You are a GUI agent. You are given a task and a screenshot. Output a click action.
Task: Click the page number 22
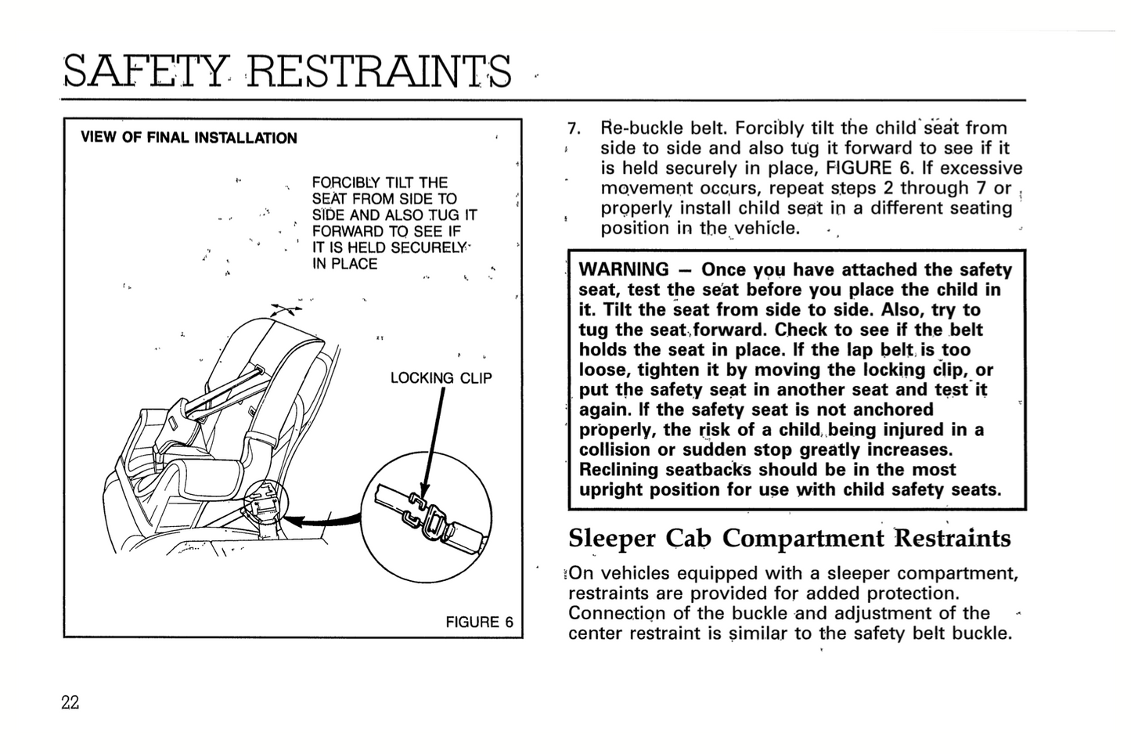(x=70, y=702)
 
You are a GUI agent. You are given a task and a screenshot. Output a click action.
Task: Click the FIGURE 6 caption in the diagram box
(x=479, y=622)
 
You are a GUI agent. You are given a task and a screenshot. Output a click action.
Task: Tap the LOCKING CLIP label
(x=441, y=378)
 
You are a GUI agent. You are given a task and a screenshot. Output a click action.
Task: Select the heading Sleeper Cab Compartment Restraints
(x=789, y=539)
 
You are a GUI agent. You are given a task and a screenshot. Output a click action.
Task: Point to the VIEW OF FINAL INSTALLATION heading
(x=189, y=138)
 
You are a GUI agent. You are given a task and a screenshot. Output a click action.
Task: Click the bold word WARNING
(x=624, y=270)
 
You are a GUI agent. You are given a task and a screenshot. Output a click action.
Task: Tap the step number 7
(x=573, y=128)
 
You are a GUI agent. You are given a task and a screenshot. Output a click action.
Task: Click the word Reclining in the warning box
(x=618, y=470)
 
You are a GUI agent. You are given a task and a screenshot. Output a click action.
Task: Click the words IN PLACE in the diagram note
(x=344, y=264)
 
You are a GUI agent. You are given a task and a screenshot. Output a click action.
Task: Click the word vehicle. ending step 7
(x=765, y=229)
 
